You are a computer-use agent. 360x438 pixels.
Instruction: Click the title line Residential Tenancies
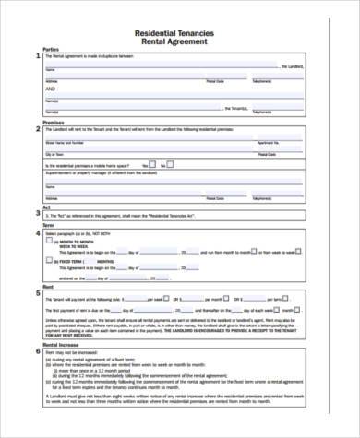click(179, 32)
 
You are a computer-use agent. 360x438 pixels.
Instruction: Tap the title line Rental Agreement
click(179, 42)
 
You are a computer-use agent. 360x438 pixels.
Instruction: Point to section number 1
click(37, 57)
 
